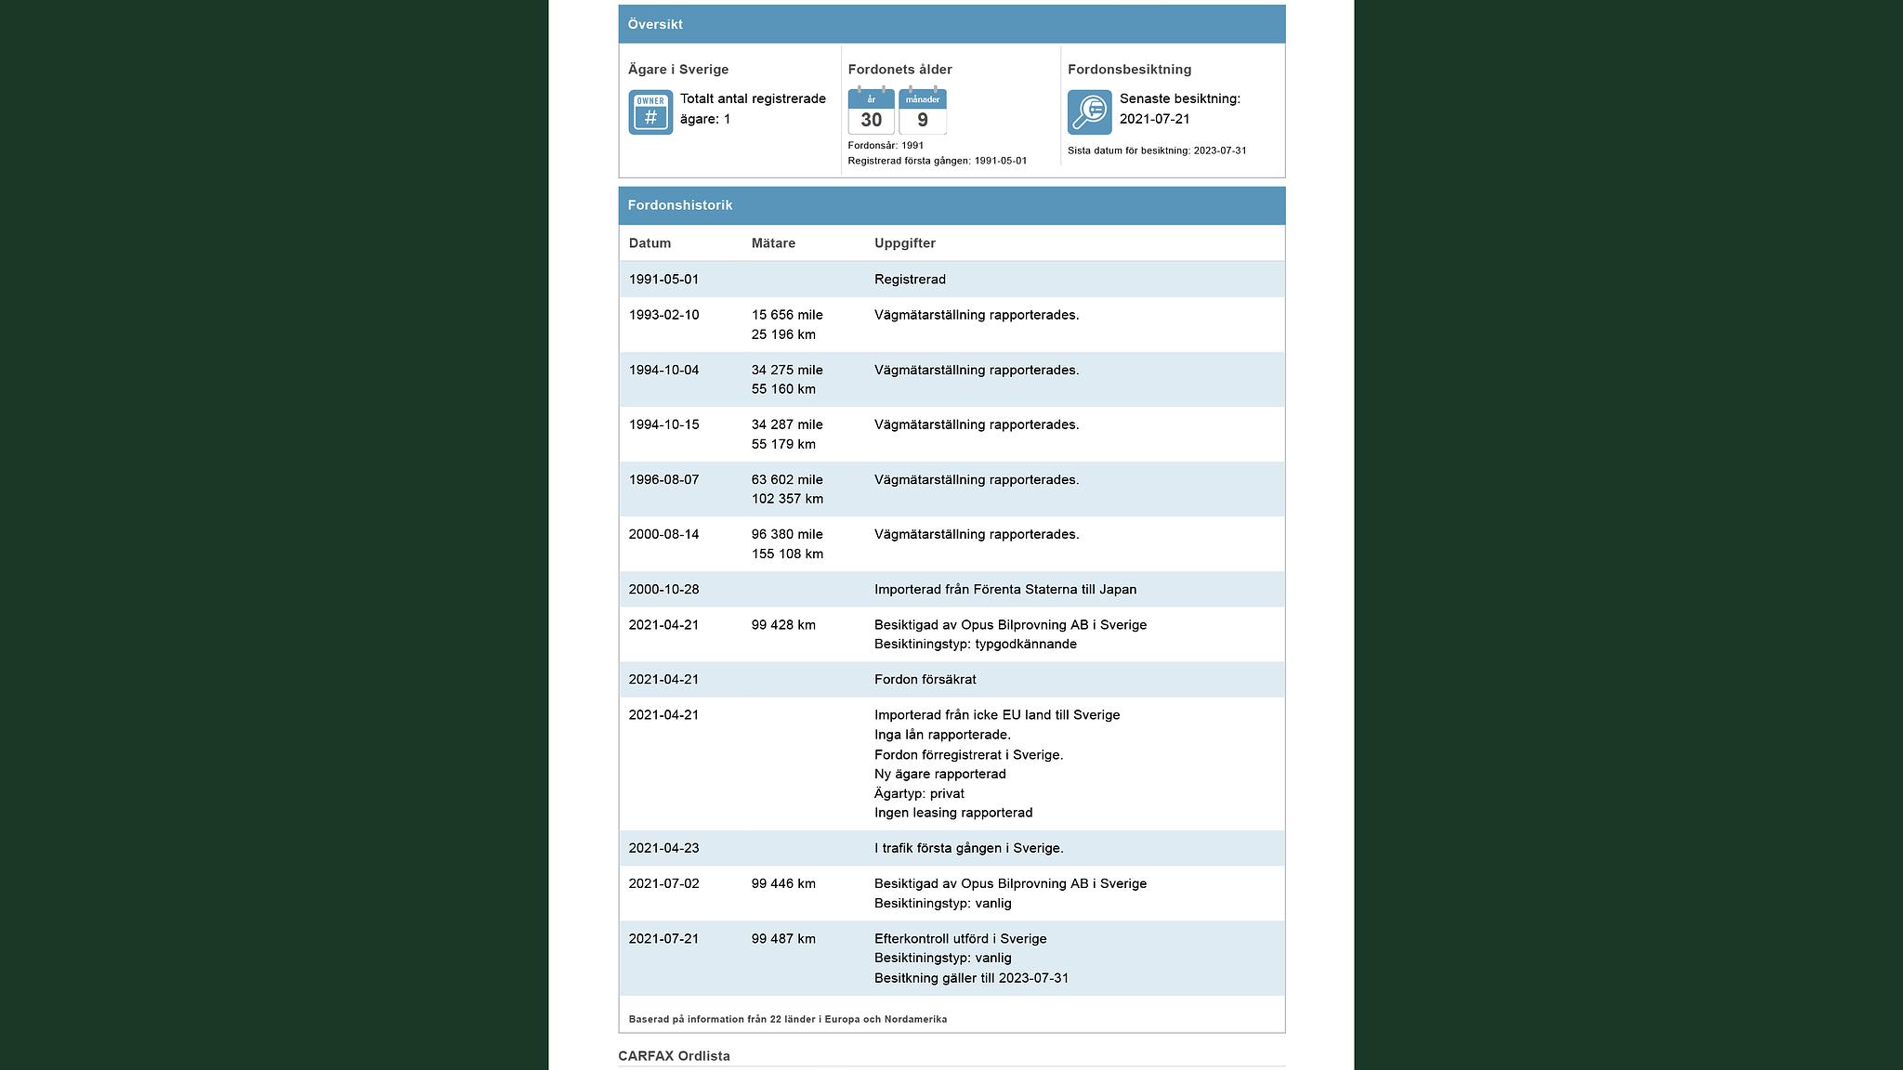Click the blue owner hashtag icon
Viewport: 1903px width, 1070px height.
click(650, 112)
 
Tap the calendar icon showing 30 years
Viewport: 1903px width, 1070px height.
click(871, 111)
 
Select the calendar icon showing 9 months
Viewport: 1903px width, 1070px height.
click(923, 111)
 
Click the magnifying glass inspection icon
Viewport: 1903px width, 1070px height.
click(1089, 112)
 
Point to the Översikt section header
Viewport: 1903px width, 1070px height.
click(655, 24)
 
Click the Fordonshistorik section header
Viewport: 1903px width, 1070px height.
click(680, 205)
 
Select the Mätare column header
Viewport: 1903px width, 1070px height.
click(773, 243)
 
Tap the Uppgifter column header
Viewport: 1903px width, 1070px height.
click(904, 243)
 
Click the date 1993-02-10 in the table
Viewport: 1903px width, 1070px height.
click(663, 315)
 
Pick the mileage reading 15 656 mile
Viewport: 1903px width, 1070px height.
click(787, 315)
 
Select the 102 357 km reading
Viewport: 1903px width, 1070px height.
click(787, 499)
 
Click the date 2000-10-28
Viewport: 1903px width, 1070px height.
click(663, 589)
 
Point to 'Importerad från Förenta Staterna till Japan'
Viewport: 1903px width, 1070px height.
click(1004, 589)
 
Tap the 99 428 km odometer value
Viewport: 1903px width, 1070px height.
click(783, 625)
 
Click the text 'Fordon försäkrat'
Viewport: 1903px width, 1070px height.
click(925, 679)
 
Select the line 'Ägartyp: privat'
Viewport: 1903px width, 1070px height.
click(919, 793)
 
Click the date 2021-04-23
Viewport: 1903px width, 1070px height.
click(663, 848)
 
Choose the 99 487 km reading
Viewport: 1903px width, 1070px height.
click(783, 939)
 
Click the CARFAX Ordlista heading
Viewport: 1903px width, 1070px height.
click(674, 1056)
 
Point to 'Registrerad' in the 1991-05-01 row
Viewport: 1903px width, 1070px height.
click(910, 280)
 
